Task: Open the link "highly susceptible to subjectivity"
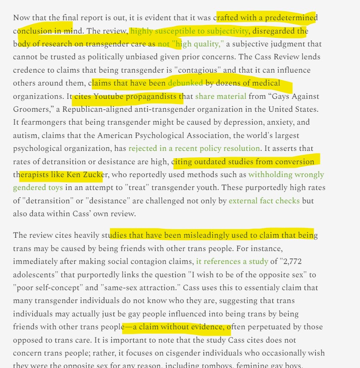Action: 189,31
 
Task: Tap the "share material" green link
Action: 221,96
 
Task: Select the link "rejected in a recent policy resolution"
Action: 194,148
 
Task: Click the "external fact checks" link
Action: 264,201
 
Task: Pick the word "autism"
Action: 25,135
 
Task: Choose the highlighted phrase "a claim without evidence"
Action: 178,327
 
